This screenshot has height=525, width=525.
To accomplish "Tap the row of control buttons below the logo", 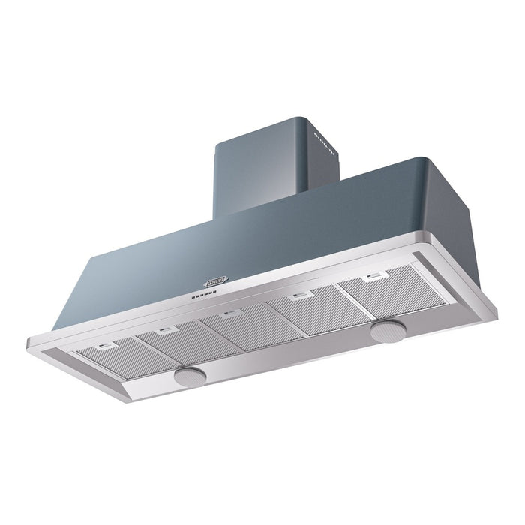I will [200, 295].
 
